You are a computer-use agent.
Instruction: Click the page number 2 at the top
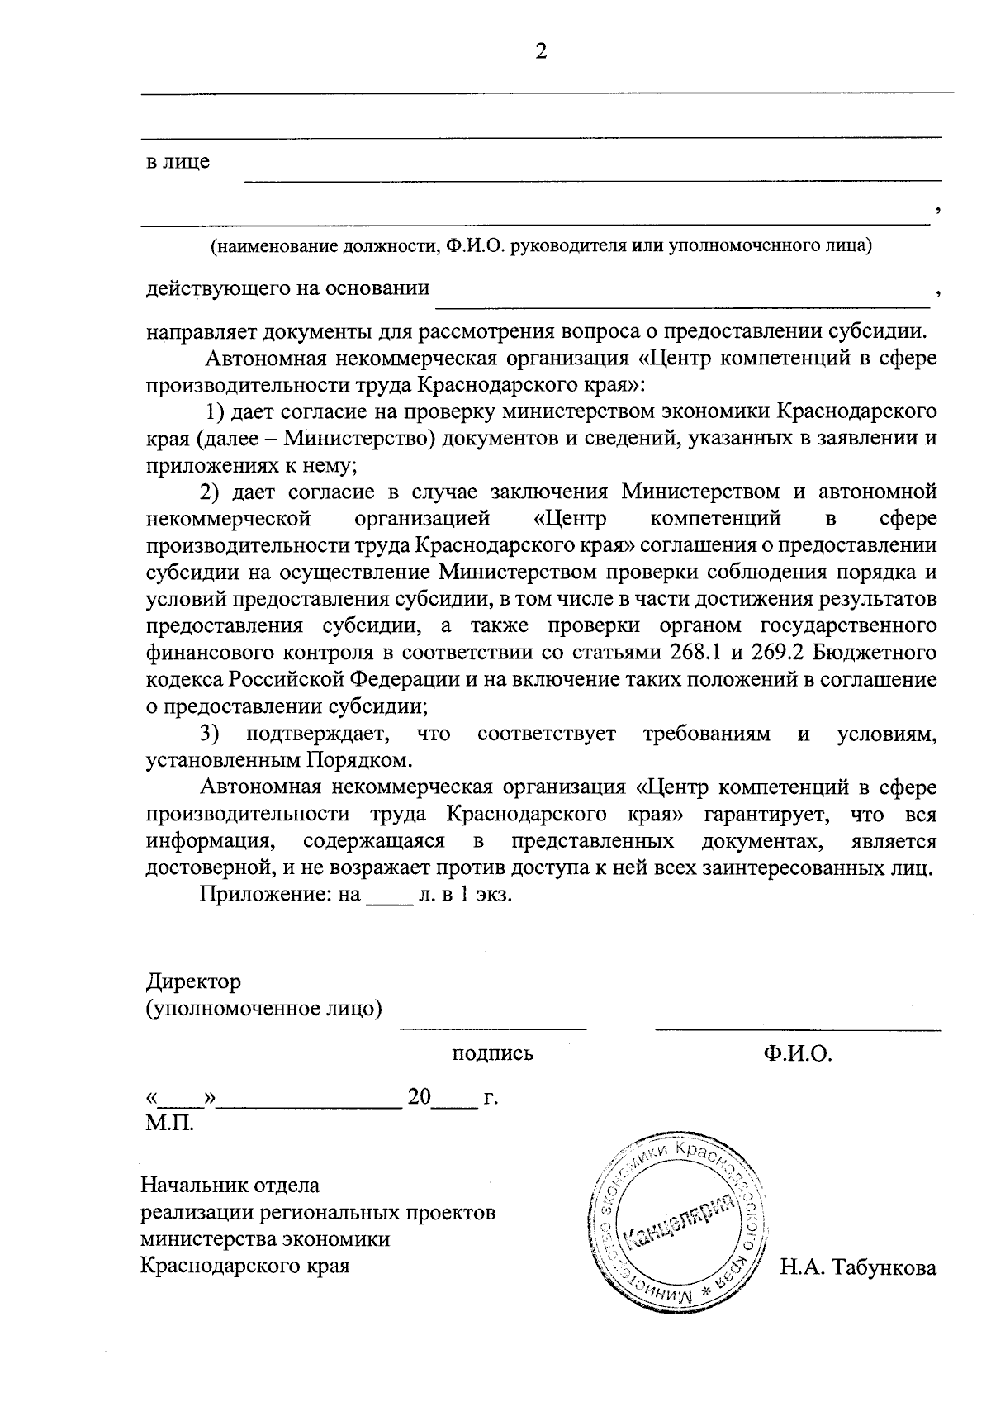[x=541, y=52]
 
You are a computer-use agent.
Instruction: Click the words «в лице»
[x=178, y=162]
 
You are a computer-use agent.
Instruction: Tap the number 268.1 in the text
[x=694, y=653]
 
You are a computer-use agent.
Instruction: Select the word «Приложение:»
[x=265, y=895]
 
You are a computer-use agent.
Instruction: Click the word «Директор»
[x=193, y=981]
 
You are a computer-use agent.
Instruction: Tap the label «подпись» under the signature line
[x=492, y=1053]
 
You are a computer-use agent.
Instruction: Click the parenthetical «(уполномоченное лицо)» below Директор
[x=263, y=1009]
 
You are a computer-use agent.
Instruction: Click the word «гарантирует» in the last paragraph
[x=765, y=815]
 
